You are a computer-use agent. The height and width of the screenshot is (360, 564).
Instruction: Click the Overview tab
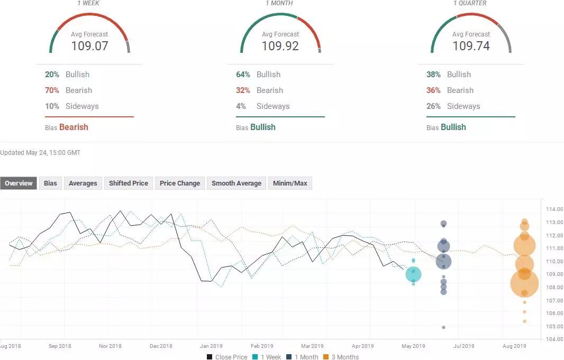click(x=19, y=183)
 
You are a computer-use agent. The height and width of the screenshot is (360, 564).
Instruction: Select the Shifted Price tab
click(x=129, y=183)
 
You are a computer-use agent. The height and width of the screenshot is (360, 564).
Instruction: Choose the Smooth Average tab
click(x=236, y=183)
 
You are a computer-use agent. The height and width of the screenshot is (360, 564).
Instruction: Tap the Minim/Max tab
click(x=290, y=183)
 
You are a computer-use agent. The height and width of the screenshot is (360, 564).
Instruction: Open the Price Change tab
click(x=180, y=183)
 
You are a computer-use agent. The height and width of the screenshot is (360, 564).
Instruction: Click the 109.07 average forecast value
click(x=89, y=46)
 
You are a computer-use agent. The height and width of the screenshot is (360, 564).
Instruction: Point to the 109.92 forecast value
click(x=280, y=46)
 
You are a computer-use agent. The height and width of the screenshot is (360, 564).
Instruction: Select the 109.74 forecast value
click(x=470, y=46)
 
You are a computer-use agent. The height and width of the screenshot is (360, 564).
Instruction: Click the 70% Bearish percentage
click(x=52, y=90)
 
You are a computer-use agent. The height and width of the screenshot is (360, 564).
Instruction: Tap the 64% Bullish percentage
click(x=243, y=75)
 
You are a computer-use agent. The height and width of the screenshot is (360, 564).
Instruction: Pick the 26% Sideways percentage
click(x=433, y=106)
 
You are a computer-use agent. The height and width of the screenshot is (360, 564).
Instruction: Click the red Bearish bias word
click(x=74, y=127)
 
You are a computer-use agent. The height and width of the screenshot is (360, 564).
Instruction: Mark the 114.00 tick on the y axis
click(x=553, y=209)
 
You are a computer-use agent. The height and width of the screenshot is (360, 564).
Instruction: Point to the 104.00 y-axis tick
click(x=553, y=339)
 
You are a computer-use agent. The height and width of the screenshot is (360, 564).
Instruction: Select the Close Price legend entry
click(x=227, y=357)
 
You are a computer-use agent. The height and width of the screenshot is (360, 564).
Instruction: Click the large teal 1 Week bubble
click(x=413, y=274)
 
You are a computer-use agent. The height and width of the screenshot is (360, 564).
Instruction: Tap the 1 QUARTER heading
click(x=470, y=3)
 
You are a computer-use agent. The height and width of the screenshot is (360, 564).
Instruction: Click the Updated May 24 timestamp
click(x=40, y=153)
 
